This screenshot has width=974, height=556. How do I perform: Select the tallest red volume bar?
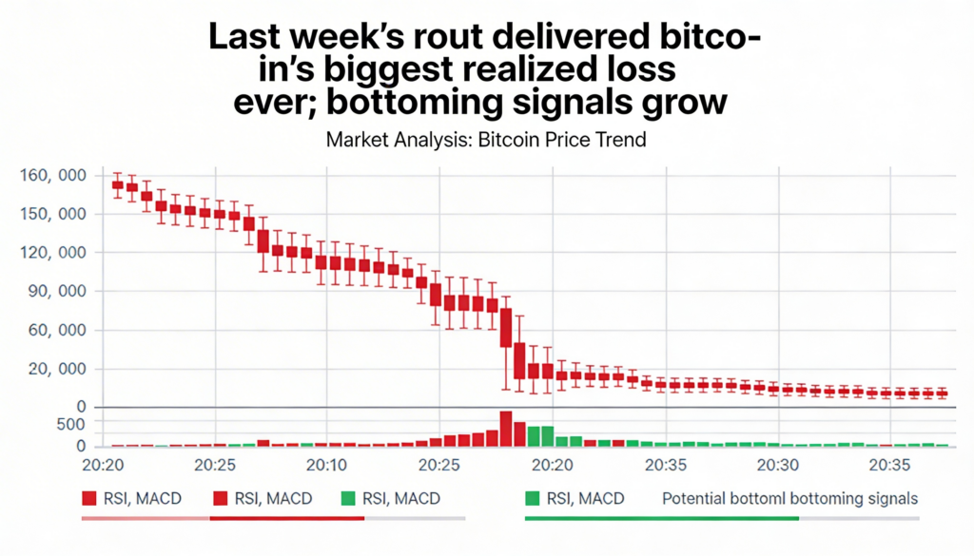click(506, 429)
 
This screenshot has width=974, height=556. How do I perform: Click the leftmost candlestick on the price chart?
click(118, 184)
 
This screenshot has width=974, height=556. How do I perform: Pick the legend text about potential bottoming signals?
click(789, 498)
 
